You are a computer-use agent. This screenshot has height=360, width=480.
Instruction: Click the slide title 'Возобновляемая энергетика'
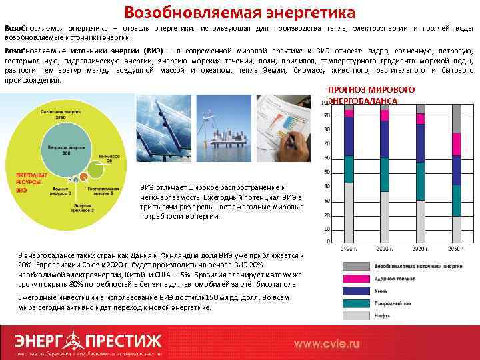[240, 12]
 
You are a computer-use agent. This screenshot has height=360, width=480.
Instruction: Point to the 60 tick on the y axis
[327, 158]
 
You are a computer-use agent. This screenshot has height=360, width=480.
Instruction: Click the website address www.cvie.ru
[327, 343]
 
